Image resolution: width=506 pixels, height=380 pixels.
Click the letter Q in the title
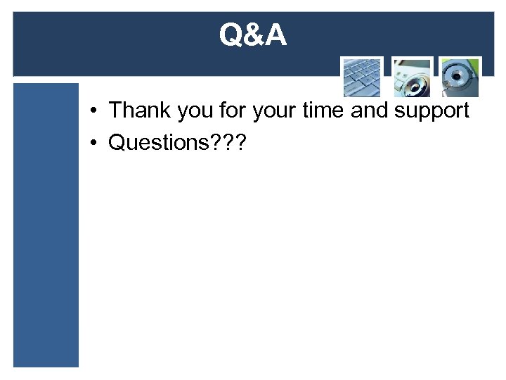click(231, 35)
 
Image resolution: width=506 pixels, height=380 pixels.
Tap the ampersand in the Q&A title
click(253, 35)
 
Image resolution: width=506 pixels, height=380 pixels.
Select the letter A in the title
click(275, 35)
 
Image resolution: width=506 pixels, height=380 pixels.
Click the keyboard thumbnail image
click(362, 77)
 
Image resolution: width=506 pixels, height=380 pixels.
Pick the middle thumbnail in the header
click(412, 77)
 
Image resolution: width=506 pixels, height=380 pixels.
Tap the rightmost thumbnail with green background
click(460, 77)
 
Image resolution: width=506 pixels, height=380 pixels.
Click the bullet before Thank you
click(93, 111)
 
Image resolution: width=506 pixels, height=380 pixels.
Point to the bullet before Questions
click(93, 143)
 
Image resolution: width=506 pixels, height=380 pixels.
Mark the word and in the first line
click(373, 110)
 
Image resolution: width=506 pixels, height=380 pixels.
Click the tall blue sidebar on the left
click(46, 225)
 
